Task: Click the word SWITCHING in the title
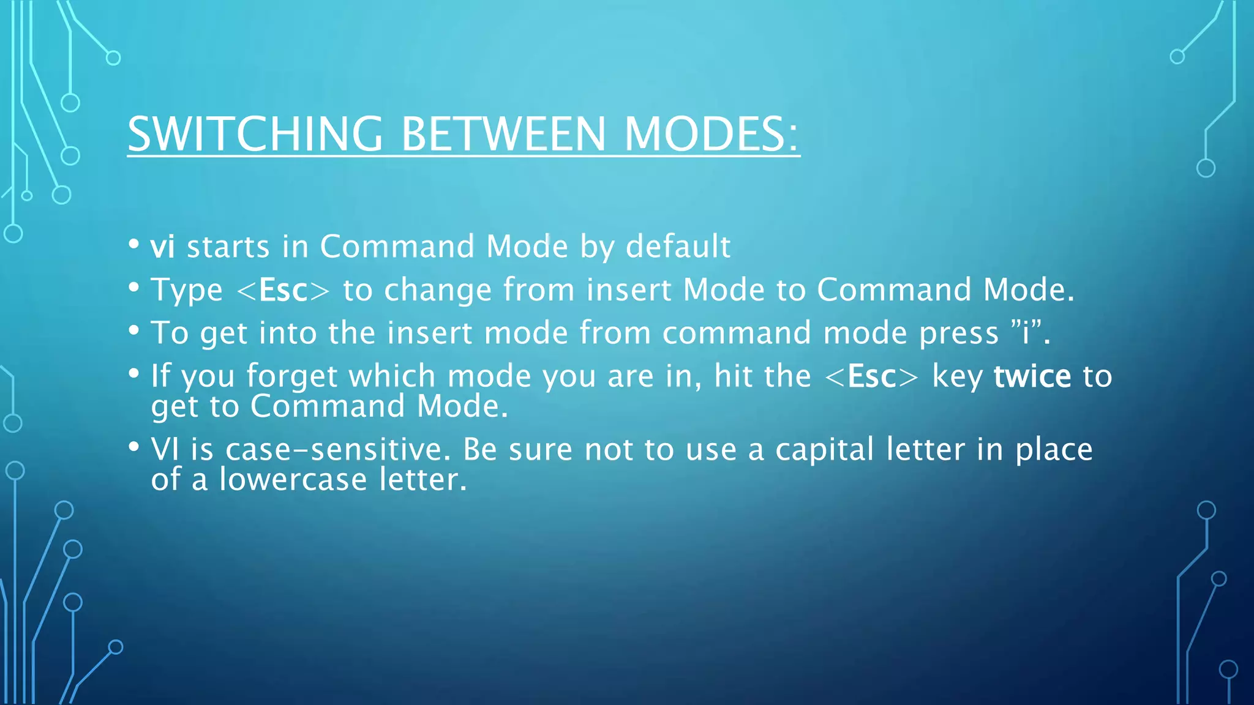pos(255,134)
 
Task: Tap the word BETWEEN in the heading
pos(503,134)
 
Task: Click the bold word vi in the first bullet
pos(163,247)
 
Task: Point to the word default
pos(678,247)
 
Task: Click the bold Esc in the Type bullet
pos(283,290)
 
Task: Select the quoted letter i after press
pos(1026,333)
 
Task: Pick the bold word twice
pos(1032,376)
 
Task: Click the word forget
pos(291,377)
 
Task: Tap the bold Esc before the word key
pos(872,376)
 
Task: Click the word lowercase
pos(293,479)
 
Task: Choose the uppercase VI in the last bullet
pos(165,450)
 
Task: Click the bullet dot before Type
pos(134,288)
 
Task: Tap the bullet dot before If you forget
pos(134,374)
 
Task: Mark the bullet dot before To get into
pos(134,330)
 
